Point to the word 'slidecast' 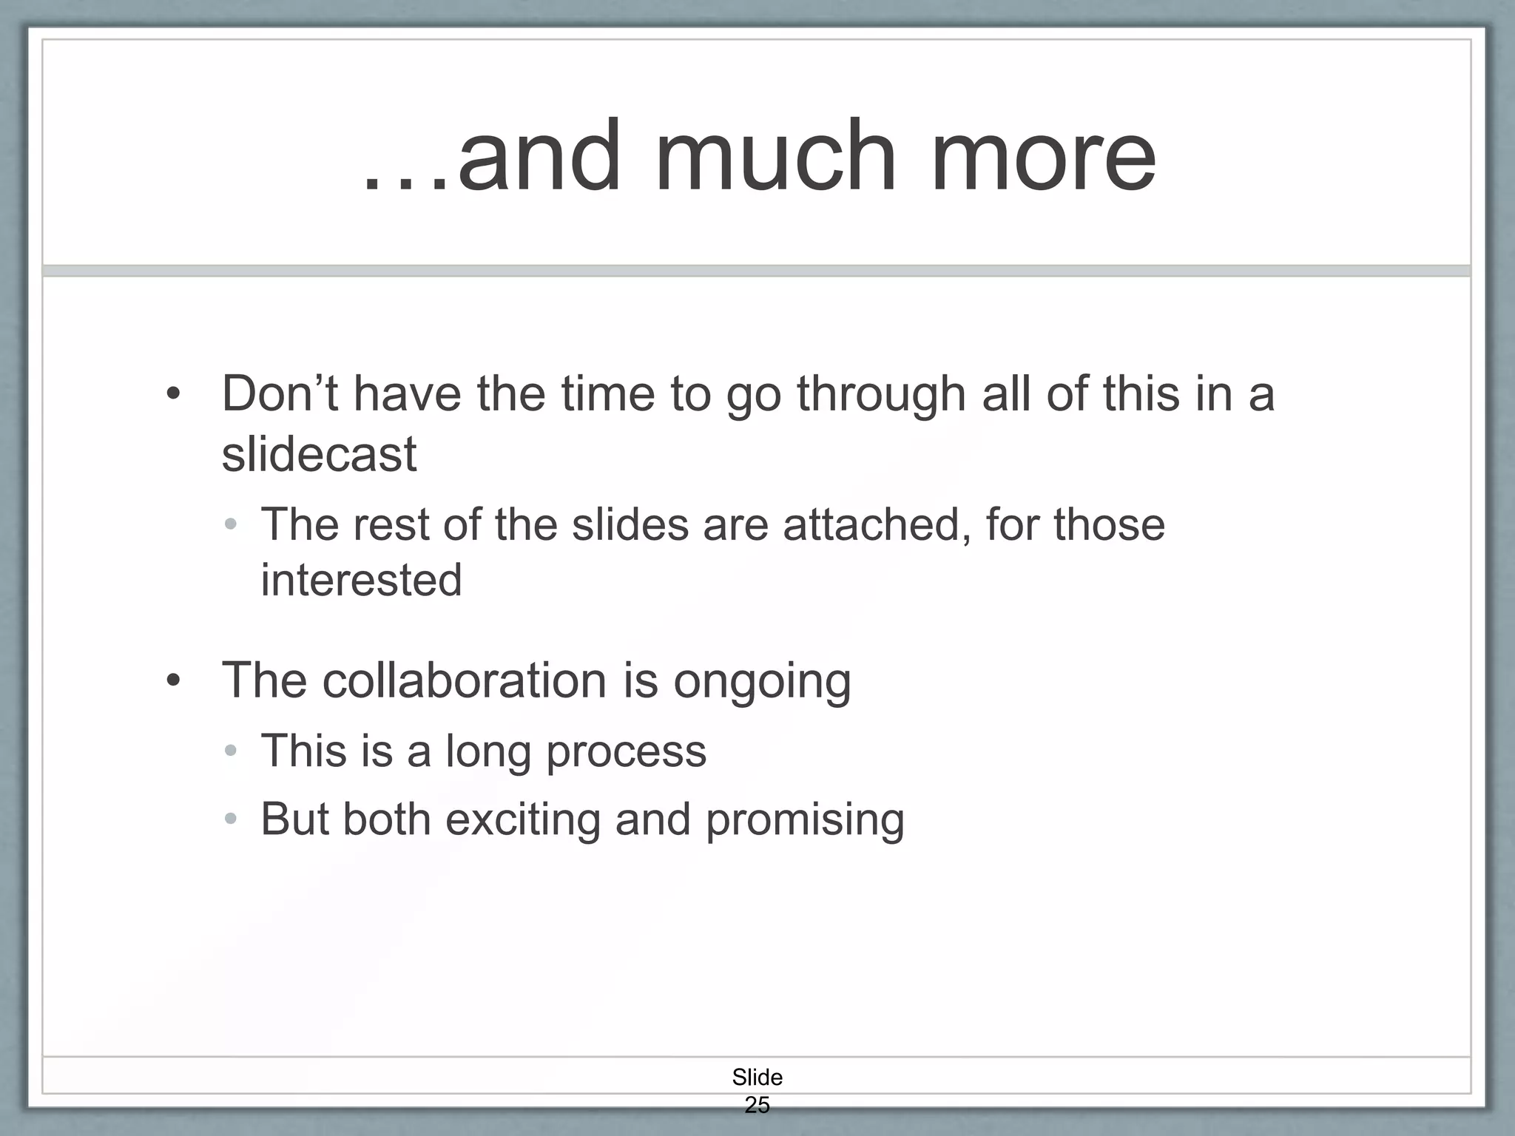[319, 453]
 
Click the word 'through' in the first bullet [881, 394]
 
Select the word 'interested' [361, 580]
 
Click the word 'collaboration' [465, 680]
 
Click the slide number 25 [757, 1105]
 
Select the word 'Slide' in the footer [757, 1077]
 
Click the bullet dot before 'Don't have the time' [173, 393]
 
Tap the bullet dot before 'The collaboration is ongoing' [173, 680]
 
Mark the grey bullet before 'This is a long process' [231, 751]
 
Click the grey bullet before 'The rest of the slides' [231, 525]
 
